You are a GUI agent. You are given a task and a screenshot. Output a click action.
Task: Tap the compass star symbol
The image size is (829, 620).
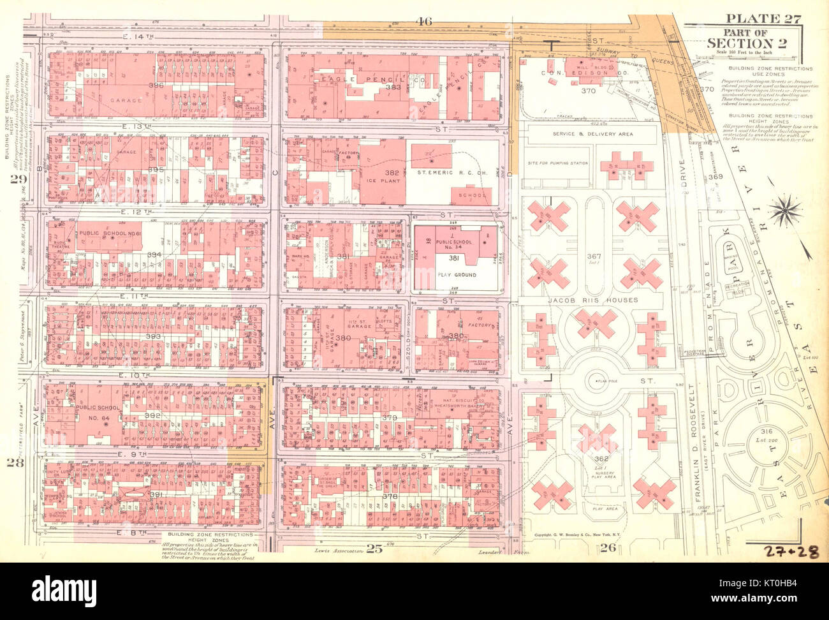click(x=788, y=210)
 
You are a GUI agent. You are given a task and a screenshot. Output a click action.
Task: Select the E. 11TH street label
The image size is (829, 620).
click(x=136, y=297)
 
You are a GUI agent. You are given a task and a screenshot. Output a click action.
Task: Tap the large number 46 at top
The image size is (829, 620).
click(x=425, y=22)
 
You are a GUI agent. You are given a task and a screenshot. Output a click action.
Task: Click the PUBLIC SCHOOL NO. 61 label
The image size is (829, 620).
click(x=109, y=234)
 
